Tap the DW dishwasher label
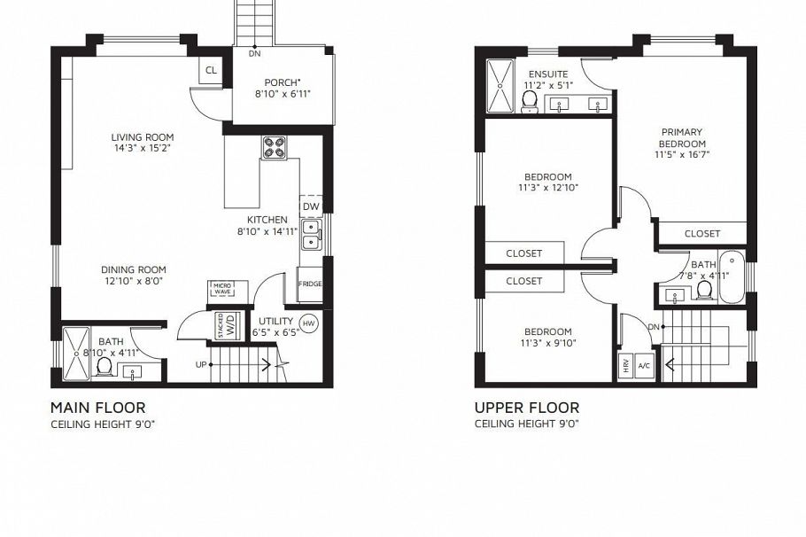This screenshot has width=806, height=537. click(x=310, y=206)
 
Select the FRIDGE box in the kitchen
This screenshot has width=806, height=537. click(x=310, y=284)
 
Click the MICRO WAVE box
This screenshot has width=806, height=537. click(x=221, y=289)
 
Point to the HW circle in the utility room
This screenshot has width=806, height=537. click(x=309, y=323)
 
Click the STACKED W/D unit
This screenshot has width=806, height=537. click(x=226, y=325)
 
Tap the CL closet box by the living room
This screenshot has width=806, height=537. click(x=211, y=71)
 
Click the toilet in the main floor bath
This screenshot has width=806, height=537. click(x=103, y=365)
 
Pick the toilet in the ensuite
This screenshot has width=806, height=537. click(x=530, y=104)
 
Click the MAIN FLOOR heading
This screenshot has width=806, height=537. click(x=97, y=408)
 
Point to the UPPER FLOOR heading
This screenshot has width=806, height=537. click(x=527, y=408)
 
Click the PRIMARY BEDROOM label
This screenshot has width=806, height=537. click(x=682, y=138)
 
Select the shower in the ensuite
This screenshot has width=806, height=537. click(x=500, y=87)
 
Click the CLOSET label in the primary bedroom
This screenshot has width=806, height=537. click(x=702, y=234)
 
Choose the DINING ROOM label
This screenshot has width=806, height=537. click(x=133, y=270)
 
